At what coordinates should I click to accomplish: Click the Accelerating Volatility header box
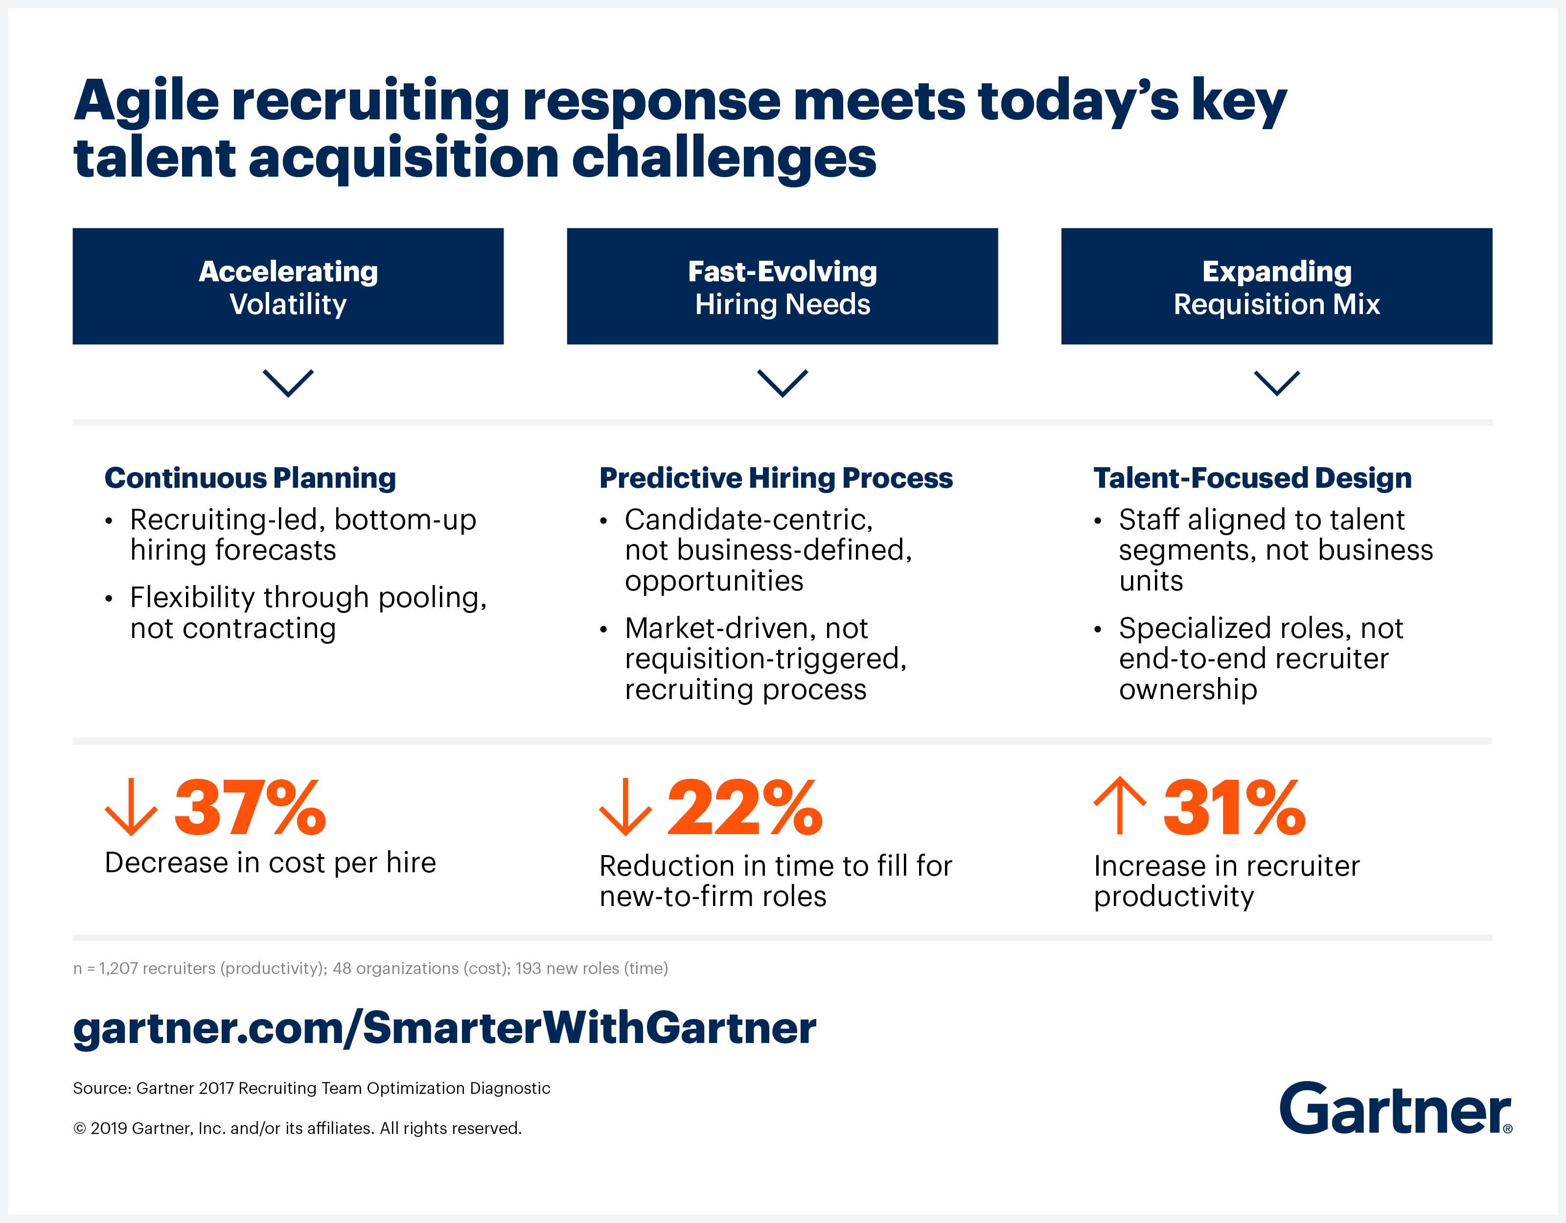coord(288,286)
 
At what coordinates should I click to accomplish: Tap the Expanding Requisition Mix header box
coord(1276,286)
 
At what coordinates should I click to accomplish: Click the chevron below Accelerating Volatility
coord(288,382)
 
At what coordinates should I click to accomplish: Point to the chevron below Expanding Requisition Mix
coord(1276,382)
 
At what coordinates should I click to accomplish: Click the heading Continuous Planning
coord(250,478)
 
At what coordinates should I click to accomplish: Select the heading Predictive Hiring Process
coord(775,478)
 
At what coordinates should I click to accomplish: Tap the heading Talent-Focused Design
coord(1252,478)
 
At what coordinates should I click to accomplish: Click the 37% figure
coord(250,809)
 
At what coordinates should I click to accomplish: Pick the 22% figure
coord(745,809)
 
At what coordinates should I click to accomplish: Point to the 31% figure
coord(1233,809)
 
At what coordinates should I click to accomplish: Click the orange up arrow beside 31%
coord(1119,807)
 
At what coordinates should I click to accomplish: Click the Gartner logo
coord(1395,1109)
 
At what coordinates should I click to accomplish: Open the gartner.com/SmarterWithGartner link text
coord(444,1027)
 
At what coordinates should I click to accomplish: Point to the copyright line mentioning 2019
coord(297,1129)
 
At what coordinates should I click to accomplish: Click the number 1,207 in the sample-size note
coord(118,969)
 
